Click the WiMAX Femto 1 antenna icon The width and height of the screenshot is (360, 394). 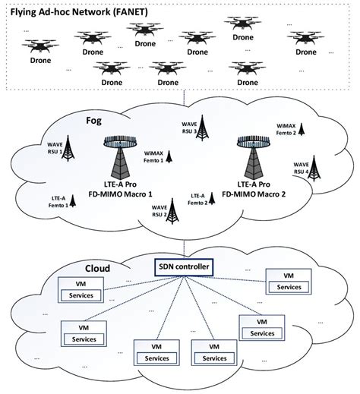pos(169,157)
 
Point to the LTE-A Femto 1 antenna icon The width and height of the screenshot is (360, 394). pos(73,203)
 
